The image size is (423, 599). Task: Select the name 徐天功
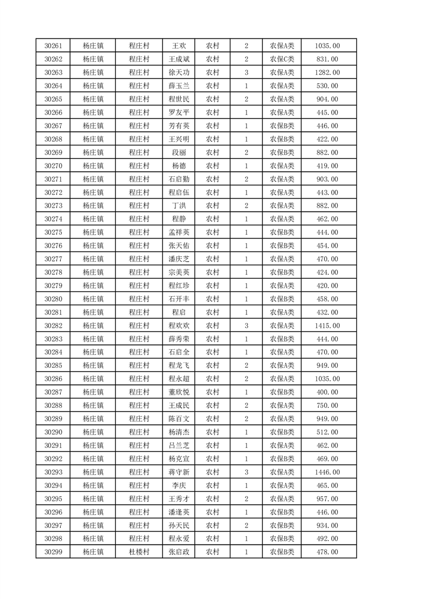point(179,73)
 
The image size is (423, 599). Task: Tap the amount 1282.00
point(328,73)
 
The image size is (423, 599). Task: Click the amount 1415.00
point(328,326)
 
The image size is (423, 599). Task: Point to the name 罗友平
point(179,113)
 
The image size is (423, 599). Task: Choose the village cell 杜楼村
point(139,552)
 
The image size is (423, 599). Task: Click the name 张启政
point(179,552)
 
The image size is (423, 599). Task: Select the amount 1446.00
point(328,472)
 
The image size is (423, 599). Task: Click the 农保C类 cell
point(282,59)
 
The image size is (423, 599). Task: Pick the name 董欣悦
point(179,392)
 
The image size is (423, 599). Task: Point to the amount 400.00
point(328,392)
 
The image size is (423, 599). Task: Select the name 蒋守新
point(179,472)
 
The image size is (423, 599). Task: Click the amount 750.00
point(328,406)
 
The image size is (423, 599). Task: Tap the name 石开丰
point(179,299)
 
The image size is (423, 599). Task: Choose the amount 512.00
point(328,432)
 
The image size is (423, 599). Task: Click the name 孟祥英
point(179,232)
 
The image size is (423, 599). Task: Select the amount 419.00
point(328,166)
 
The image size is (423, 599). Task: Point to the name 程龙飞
point(179,366)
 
